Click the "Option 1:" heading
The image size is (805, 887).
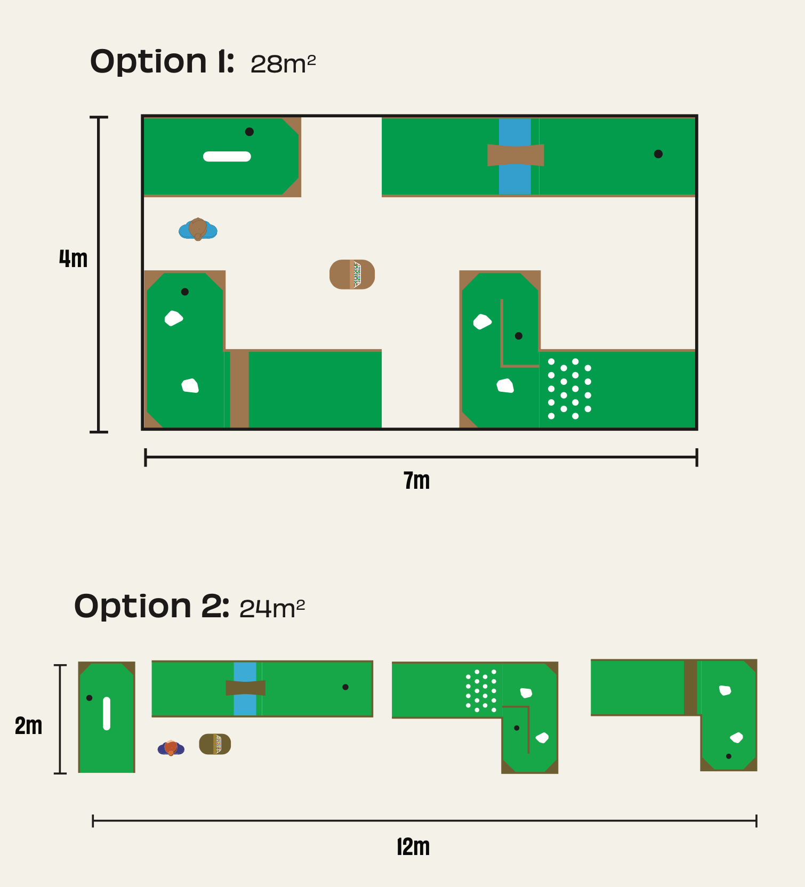pos(162,62)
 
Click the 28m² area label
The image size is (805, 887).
pos(283,64)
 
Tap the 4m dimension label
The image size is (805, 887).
pos(73,259)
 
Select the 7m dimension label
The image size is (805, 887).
pos(416,480)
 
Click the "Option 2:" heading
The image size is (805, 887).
pos(152,607)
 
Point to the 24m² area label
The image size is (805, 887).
pos(272,609)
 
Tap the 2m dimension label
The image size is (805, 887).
pos(28,725)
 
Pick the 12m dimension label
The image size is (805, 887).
pos(413,846)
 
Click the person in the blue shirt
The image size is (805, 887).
pos(198,230)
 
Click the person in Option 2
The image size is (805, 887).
pos(171,748)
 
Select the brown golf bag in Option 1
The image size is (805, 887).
pos(352,275)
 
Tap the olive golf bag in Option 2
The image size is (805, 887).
pos(215,744)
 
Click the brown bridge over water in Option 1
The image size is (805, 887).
pos(516,155)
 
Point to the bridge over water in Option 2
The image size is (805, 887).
pos(245,688)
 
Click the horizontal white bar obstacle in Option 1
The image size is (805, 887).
pos(227,156)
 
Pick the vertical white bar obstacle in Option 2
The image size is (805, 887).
pos(107,713)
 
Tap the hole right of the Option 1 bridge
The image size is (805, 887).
pos(658,154)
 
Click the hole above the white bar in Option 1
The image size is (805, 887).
pos(249,132)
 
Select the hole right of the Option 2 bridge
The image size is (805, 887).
pos(345,687)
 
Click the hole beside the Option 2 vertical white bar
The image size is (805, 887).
pos(89,698)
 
